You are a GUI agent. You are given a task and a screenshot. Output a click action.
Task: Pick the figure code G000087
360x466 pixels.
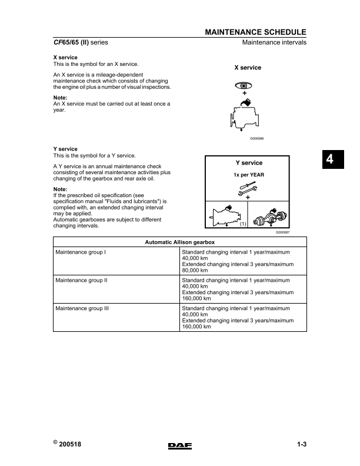pyautogui.click(x=283, y=233)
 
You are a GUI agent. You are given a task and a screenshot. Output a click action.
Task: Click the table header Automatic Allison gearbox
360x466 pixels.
pyautogui.click(x=180, y=242)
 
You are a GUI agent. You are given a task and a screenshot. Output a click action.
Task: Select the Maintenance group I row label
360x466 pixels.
pyautogui.click(x=80, y=252)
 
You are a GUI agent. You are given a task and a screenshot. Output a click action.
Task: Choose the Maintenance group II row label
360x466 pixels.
pyautogui.click(x=81, y=281)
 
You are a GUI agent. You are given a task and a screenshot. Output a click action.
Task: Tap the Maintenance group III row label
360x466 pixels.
pyautogui.click(x=82, y=308)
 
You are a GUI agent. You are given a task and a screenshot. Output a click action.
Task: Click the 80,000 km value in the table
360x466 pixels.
pyautogui.click(x=196, y=271)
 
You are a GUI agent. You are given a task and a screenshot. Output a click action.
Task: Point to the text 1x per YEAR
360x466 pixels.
pyautogui.click(x=248, y=175)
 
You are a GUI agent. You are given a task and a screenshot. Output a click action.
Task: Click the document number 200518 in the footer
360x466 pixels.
pyautogui.click(x=69, y=445)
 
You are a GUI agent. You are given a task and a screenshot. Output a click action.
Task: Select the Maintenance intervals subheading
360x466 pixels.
pyautogui.click(x=274, y=43)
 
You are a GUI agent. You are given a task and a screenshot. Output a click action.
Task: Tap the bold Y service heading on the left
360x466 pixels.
pyautogui.click(x=65, y=149)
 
